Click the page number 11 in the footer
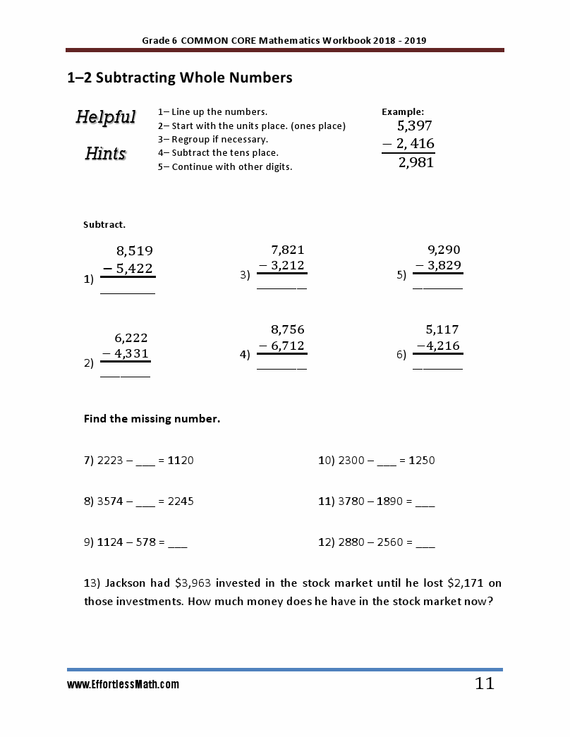pyautogui.click(x=485, y=683)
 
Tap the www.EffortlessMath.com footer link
pyautogui.click(x=123, y=684)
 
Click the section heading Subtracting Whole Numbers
pyautogui.click(x=179, y=78)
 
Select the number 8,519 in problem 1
pyautogui.click(x=134, y=250)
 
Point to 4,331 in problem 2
pyautogui.click(x=131, y=354)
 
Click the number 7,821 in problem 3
pyautogui.click(x=288, y=250)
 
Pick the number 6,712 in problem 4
pyautogui.click(x=287, y=346)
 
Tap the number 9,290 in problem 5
pyautogui.click(x=444, y=250)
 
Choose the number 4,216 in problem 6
pyautogui.click(x=443, y=346)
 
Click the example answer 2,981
pyautogui.click(x=416, y=163)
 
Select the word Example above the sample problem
pyautogui.click(x=403, y=111)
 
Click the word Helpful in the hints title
pyautogui.click(x=106, y=116)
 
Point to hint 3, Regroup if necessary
pyautogui.click(x=203, y=139)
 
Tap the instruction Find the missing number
pyautogui.click(x=152, y=419)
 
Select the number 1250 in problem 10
pyautogui.click(x=421, y=461)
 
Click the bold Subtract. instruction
pyautogui.click(x=104, y=225)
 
